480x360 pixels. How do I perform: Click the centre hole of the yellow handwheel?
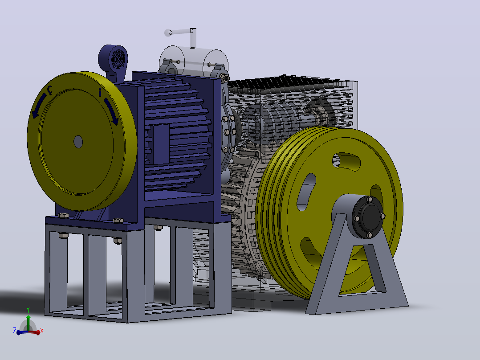pos(78,142)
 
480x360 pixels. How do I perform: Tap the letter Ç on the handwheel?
pos(49,90)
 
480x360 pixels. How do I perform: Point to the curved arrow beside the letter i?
pos(111,111)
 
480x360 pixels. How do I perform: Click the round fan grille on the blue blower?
pos(118,59)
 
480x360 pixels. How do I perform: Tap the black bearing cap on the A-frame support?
pos(367,217)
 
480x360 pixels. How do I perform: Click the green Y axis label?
pos(28,310)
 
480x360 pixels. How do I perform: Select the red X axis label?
pos(42,331)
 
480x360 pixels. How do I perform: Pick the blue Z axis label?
pos(14,330)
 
